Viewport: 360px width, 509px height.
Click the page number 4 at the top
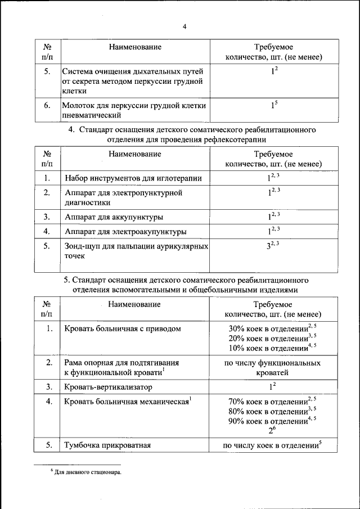(x=184, y=26)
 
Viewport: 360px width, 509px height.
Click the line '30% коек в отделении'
(x=269, y=328)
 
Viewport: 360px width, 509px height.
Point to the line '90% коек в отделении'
(x=269, y=421)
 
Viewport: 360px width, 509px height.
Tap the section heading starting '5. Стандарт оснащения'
(x=184, y=285)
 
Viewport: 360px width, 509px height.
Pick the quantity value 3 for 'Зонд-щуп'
(x=269, y=246)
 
